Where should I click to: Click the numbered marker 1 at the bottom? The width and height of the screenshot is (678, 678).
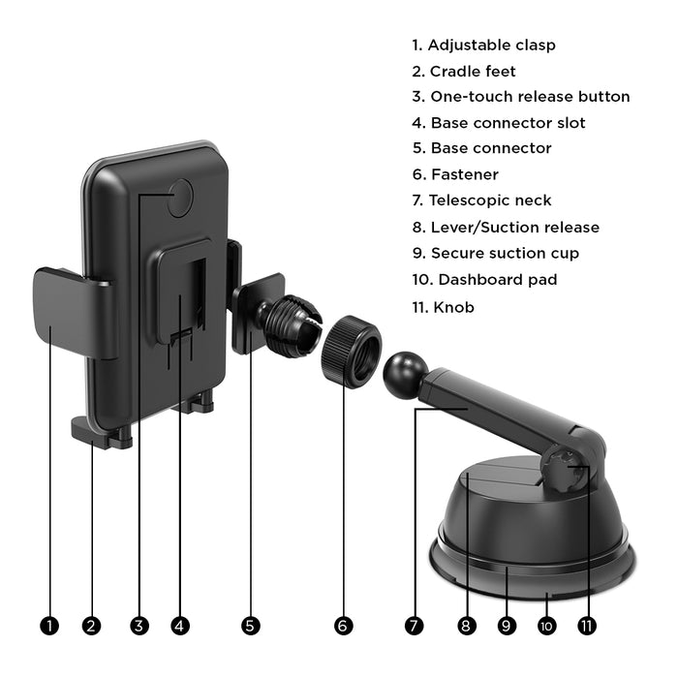(49, 626)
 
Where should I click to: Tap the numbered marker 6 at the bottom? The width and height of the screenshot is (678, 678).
(343, 626)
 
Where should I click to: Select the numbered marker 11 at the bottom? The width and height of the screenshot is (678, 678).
(587, 626)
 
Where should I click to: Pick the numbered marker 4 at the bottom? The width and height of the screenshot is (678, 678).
(180, 626)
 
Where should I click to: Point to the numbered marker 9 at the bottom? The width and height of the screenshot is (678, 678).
(507, 626)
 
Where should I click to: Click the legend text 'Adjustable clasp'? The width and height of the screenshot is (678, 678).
(492, 45)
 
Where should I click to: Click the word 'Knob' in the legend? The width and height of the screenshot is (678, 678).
(453, 307)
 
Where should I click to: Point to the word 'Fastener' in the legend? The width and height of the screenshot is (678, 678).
(465, 174)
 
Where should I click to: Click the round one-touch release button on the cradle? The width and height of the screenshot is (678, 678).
(180, 198)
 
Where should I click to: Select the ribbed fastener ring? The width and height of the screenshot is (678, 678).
(351, 352)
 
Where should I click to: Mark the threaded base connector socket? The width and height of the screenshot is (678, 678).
(290, 326)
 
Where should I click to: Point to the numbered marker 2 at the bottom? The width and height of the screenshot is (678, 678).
(91, 626)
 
